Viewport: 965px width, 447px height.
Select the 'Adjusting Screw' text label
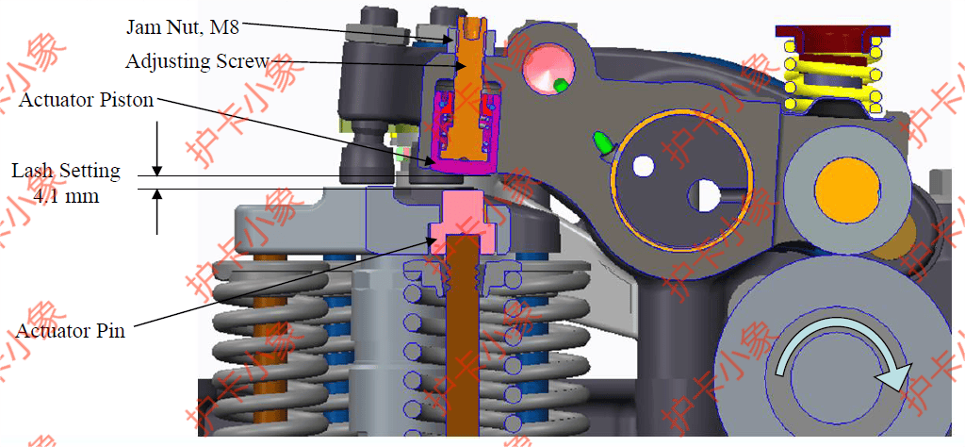(198, 61)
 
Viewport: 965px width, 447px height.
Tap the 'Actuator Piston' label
(86, 100)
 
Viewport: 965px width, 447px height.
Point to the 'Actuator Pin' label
(70, 331)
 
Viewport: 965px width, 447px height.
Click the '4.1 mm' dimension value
(66, 198)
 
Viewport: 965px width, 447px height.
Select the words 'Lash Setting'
(66, 171)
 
